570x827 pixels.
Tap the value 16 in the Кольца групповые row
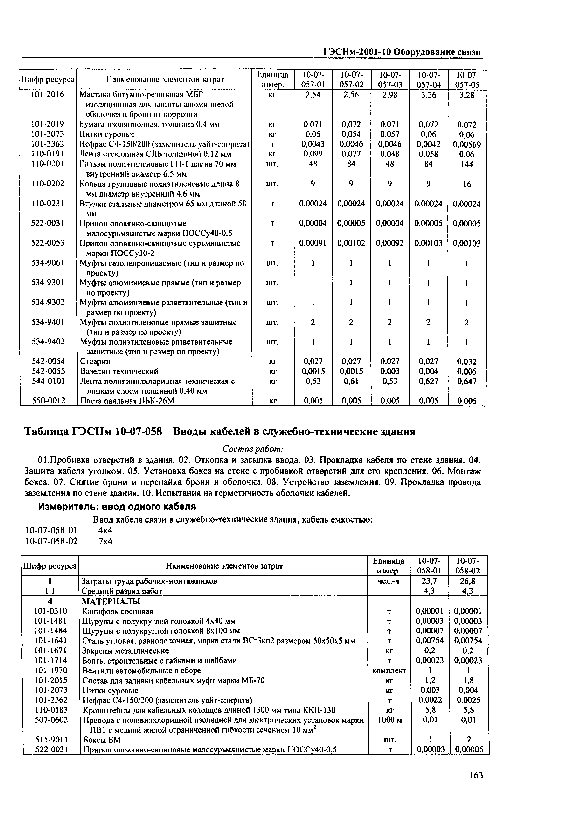click(x=467, y=184)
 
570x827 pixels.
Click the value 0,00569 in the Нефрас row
click(x=467, y=145)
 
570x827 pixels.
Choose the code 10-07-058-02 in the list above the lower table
click(x=51, y=541)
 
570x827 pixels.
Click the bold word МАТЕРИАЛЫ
click(x=111, y=601)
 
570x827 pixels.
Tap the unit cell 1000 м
click(x=390, y=720)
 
